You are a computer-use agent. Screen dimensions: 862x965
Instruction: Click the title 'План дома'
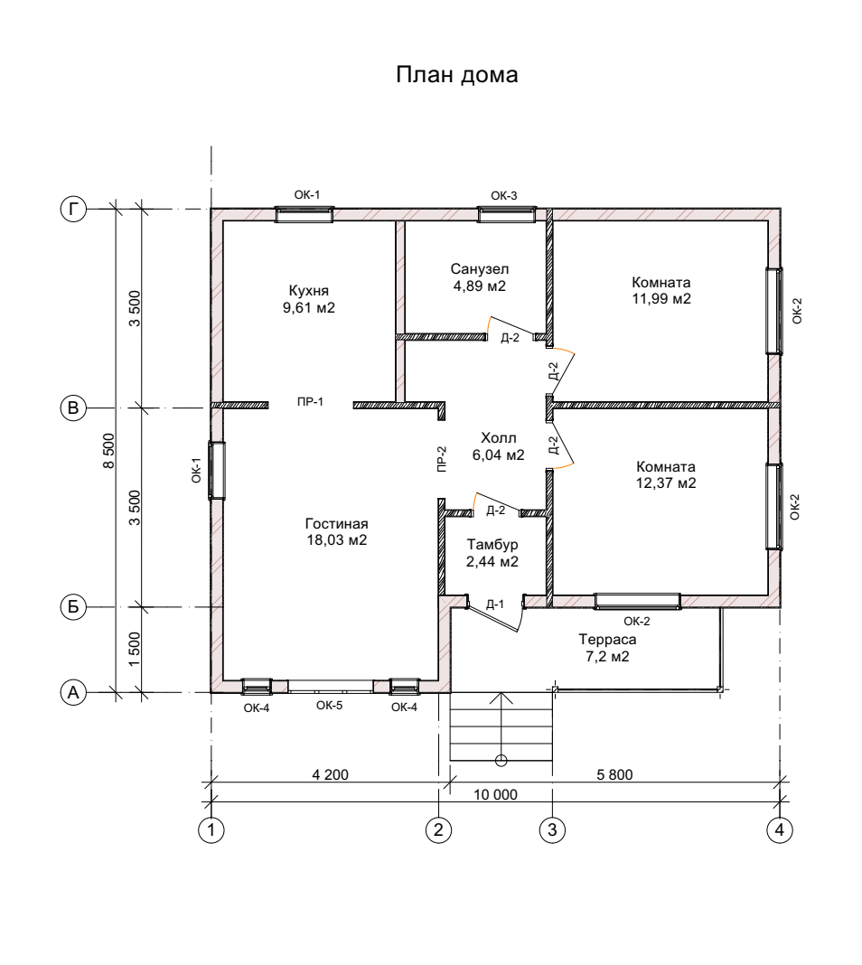[x=456, y=75]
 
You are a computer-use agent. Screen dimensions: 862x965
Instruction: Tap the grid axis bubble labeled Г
[x=73, y=210]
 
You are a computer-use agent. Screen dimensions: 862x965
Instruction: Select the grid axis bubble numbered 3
[x=552, y=829]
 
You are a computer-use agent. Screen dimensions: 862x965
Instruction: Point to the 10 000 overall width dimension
[x=495, y=794]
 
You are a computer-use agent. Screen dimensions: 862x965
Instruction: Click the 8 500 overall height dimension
[x=109, y=451]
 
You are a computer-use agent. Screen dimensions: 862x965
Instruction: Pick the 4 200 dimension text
[x=331, y=775]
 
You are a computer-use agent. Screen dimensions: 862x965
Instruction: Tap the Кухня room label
[x=309, y=290]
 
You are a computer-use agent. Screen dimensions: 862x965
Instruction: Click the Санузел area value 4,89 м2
[x=479, y=286]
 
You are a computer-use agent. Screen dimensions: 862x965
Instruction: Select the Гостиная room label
[x=336, y=524]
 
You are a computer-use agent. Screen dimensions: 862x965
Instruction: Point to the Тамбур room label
[x=492, y=545]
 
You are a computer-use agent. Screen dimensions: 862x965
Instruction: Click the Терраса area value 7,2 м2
[x=607, y=657]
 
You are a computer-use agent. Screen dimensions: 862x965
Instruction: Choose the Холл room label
[x=499, y=438]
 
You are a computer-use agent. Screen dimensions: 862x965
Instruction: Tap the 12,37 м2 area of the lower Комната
[x=666, y=483]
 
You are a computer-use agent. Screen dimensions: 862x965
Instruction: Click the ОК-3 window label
[x=504, y=196]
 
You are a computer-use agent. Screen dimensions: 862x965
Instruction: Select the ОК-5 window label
[x=329, y=706]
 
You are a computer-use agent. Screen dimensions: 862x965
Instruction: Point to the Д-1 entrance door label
[x=494, y=604]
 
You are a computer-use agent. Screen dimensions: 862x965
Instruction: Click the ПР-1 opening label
[x=310, y=402]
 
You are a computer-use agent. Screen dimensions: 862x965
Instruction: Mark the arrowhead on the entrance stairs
[x=501, y=698]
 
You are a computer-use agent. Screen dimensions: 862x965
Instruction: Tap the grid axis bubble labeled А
[x=73, y=692]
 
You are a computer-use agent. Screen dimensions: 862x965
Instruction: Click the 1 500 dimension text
[x=135, y=648]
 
